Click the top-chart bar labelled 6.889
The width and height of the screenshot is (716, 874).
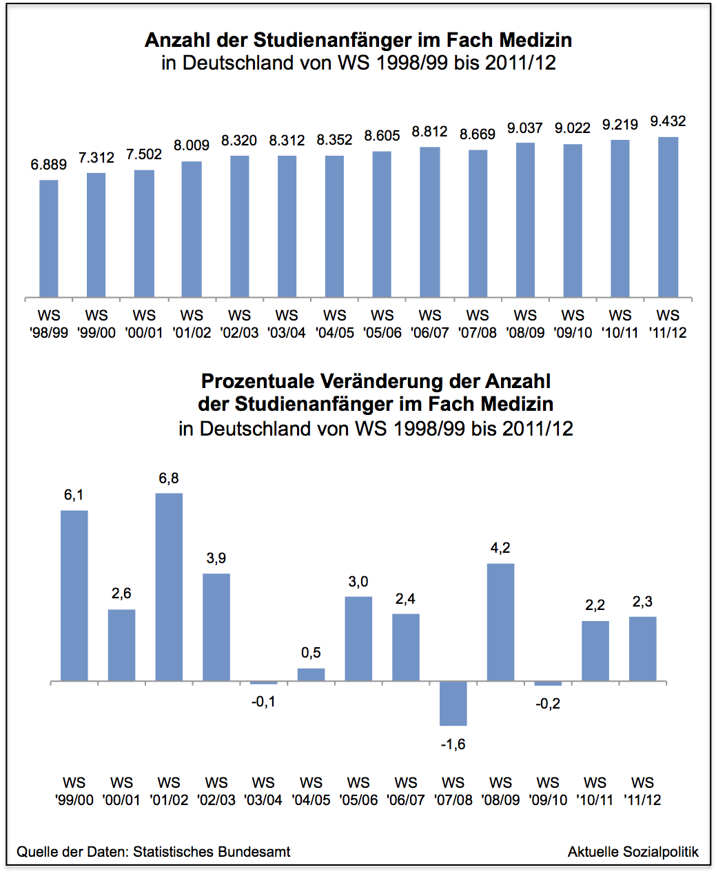tap(49, 238)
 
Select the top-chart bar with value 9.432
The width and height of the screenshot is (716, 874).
tap(668, 217)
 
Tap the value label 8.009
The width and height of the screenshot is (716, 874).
tap(192, 145)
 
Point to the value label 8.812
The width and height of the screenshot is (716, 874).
tap(430, 132)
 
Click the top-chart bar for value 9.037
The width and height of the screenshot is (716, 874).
tap(525, 220)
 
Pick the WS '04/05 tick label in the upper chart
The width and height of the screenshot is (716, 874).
tap(335, 324)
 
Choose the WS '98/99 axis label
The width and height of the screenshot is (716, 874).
tap(49, 324)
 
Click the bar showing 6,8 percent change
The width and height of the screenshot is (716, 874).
tap(169, 587)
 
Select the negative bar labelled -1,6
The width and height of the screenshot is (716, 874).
tap(453, 703)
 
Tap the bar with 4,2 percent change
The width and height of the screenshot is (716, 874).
tap(501, 622)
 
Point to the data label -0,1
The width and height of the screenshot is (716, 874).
tap(263, 702)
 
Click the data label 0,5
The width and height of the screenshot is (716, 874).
tap(311, 653)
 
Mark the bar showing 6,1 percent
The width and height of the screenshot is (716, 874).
tap(74, 596)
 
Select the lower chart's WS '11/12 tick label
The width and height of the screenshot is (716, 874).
tap(642, 791)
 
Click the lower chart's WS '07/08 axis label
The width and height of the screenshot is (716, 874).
tap(453, 791)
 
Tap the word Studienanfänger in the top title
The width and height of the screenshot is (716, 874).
tap(330, 40)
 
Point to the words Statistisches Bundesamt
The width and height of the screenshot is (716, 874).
tap(212, 852)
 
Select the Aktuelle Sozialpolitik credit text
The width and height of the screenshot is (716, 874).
tap(633, 852)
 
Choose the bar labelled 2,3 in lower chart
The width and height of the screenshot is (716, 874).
tap(642, 649)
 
